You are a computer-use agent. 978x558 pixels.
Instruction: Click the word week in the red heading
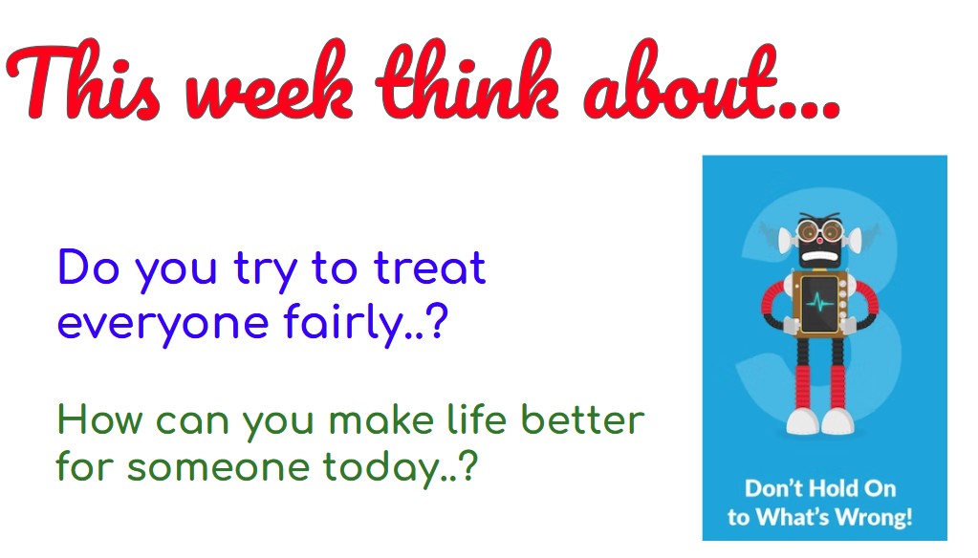pos(269,82)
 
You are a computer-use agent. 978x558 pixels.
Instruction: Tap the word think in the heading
pos(467,79)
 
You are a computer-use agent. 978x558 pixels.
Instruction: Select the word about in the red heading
pos(681,81)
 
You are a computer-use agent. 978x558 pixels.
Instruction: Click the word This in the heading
pos(83,79)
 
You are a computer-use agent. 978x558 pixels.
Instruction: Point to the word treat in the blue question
pos(429,268)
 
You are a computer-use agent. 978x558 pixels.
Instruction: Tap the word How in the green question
pos(99,419)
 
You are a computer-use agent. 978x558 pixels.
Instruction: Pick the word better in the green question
pos(582,418)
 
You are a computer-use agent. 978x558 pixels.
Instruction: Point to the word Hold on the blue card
pos(810,488)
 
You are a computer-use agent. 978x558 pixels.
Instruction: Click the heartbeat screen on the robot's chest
pos(819,304)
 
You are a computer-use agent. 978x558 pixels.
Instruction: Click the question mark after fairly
pos(439,322)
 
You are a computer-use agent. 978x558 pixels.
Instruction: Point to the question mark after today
pos(468,464)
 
